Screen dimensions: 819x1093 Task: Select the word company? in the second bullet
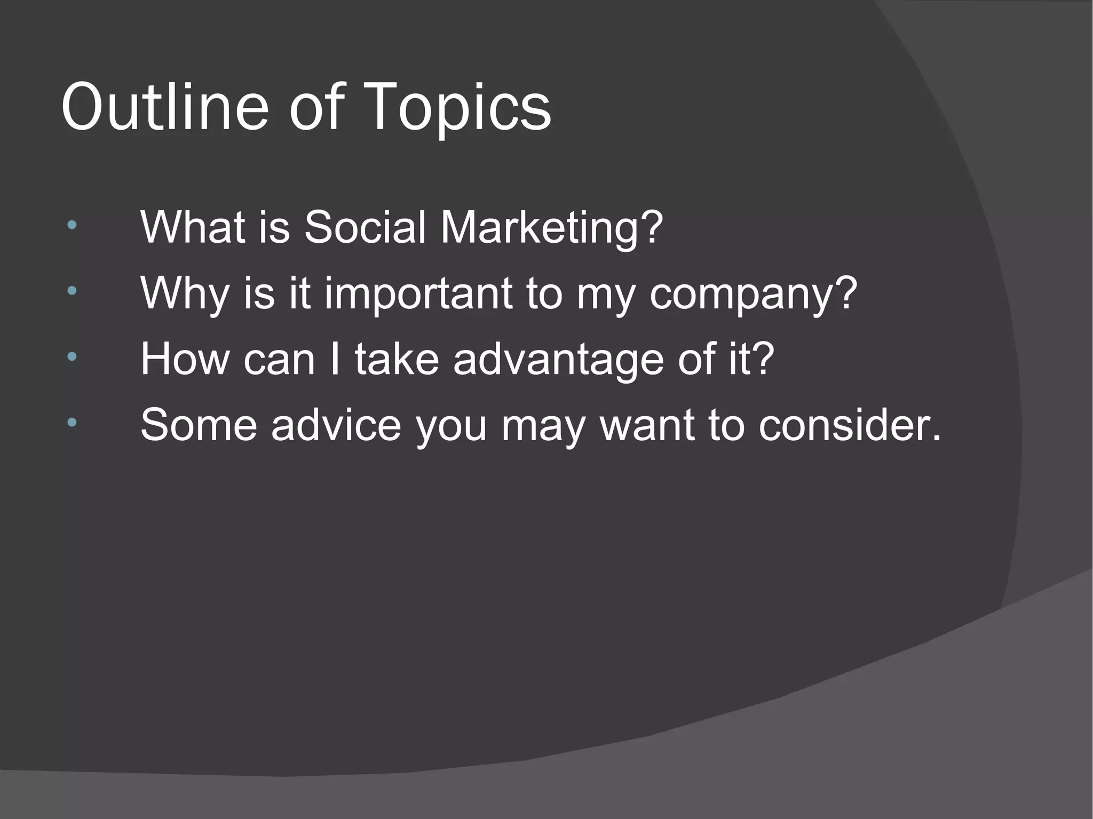tap(753, 295)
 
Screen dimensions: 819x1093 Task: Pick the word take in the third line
tap(397, 360)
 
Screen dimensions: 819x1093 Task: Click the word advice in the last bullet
tap(336, 425)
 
